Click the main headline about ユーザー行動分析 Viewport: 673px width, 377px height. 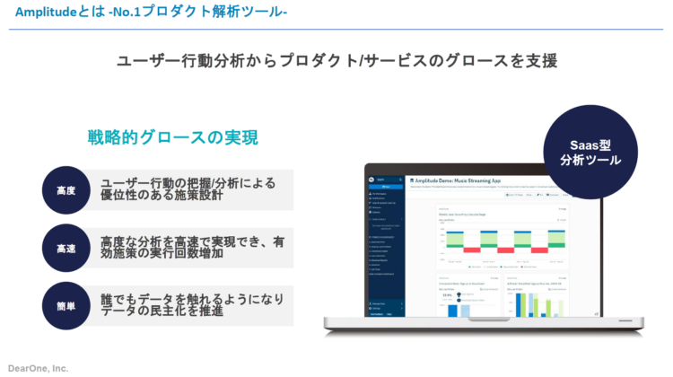(336, 61)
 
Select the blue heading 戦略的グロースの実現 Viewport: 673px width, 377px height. (172, 137)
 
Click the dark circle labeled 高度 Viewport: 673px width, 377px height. (66, 190)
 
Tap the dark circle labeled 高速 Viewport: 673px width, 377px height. (66, 248)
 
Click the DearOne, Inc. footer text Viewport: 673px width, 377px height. (38, 368)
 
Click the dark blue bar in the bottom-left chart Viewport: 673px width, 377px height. (454, 310)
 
